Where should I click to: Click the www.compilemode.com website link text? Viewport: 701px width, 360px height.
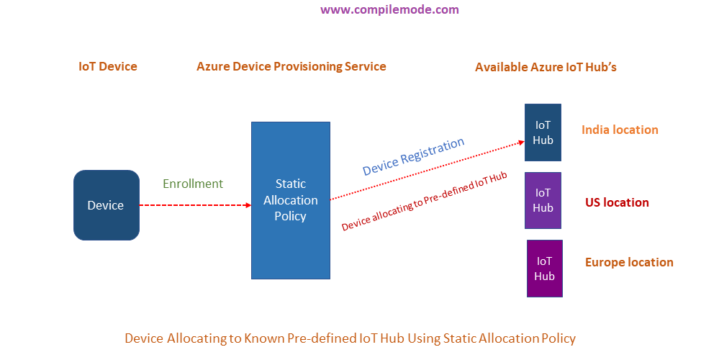pyautogui.click(x=389, y=10)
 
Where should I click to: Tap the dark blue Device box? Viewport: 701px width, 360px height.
pyautogui.click(x=106, y=205)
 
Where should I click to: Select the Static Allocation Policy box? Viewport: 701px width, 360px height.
pyautogui.click(x=290, y=200)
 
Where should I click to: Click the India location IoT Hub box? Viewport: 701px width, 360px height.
pyautogui.click(x=543, y=132)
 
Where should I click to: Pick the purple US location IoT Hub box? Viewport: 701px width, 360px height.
pyautogui.click(x=543, y=200)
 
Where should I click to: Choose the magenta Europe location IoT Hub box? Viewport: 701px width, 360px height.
pyautogui.click(x=545, y=268)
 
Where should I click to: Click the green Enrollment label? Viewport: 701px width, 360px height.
pyautogui.click(x=193, y=184)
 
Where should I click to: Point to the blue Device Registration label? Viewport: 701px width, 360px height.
pyautogui.click(x=413, y=157)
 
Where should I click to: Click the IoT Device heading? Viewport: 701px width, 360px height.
pyautogui.click(x=108, y=66)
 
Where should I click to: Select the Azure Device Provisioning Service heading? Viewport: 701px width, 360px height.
pyautogui.click(x=291, y=66)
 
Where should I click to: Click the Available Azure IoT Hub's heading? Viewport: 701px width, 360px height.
pyautogui.click(x=546, y=67)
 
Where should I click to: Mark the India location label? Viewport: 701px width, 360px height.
pyautogui.click(x=620, y=130)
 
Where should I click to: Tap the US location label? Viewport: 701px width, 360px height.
pyautogui.click(x=617, y=202)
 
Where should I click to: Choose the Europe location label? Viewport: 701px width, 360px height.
pyautogui.click(x=629, y=262)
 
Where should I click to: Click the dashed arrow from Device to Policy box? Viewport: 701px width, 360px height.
pyautogui.click(x=194, y=205)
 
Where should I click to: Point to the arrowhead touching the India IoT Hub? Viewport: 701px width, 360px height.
pyautogui.click(x=520, y=143)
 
